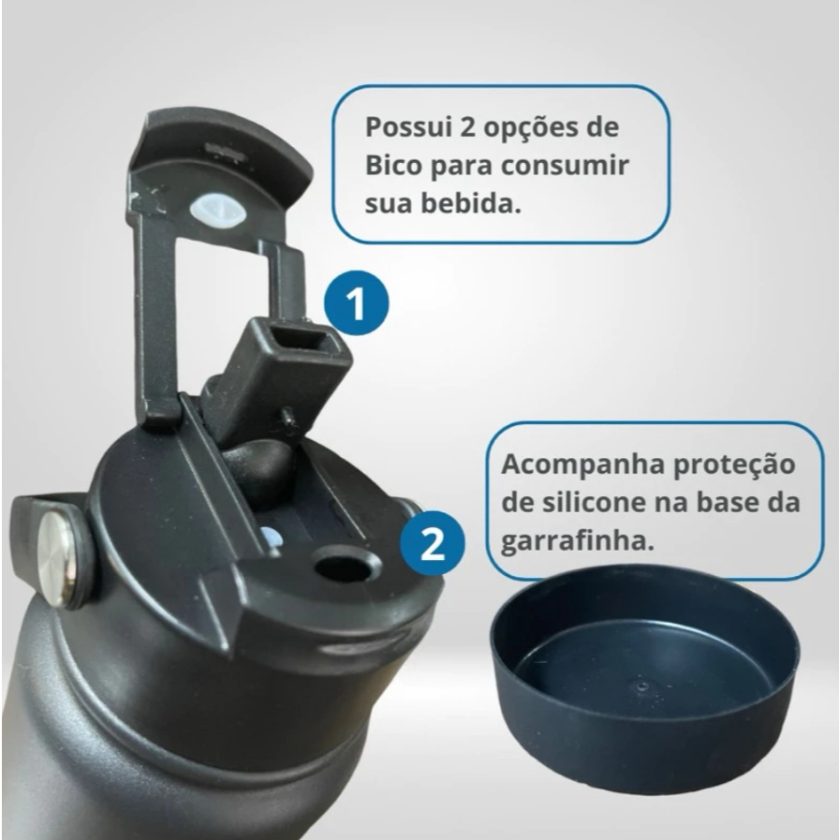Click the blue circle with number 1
click(x=357, y=303)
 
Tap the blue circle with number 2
click(x=433, y=543)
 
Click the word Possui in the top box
click(x=407, y=128)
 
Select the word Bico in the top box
click(x=393, y=165)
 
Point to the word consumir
click(x=564, y=166)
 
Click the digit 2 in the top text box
click(x=467, y=128)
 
